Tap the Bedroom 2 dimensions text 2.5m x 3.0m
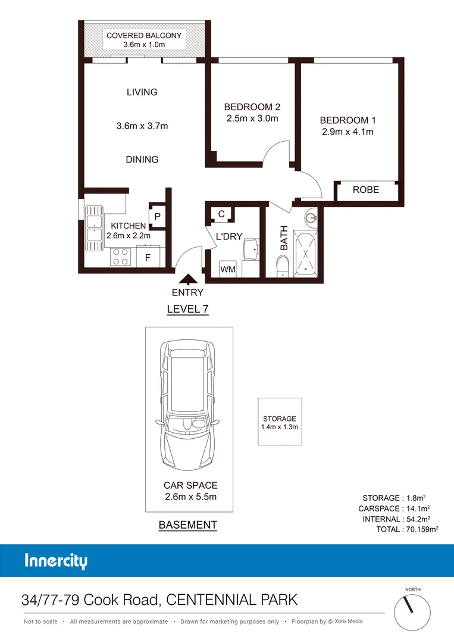click(x=252, y=118)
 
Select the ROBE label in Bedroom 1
click(x=365, y=190)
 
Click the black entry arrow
click(x=188, y=278)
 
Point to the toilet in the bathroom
click(x=283, y=266)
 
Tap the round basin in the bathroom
click(x=311, y=216)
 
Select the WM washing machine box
click(x=228, y=270)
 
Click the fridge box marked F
click(x=148, y=258)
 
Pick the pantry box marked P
click(x=157, y=217)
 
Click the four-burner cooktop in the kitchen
click(x=121, y=257)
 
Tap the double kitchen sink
click(x=94, y=224)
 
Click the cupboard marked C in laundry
click(x=221, y=214)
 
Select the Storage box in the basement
click(x=280, y=422)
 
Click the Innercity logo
click(x=56, y=561)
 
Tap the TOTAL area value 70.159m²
click(x=422, y=529)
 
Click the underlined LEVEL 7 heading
click(x=187, y=309)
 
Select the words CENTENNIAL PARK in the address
click(x=232, y=600)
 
